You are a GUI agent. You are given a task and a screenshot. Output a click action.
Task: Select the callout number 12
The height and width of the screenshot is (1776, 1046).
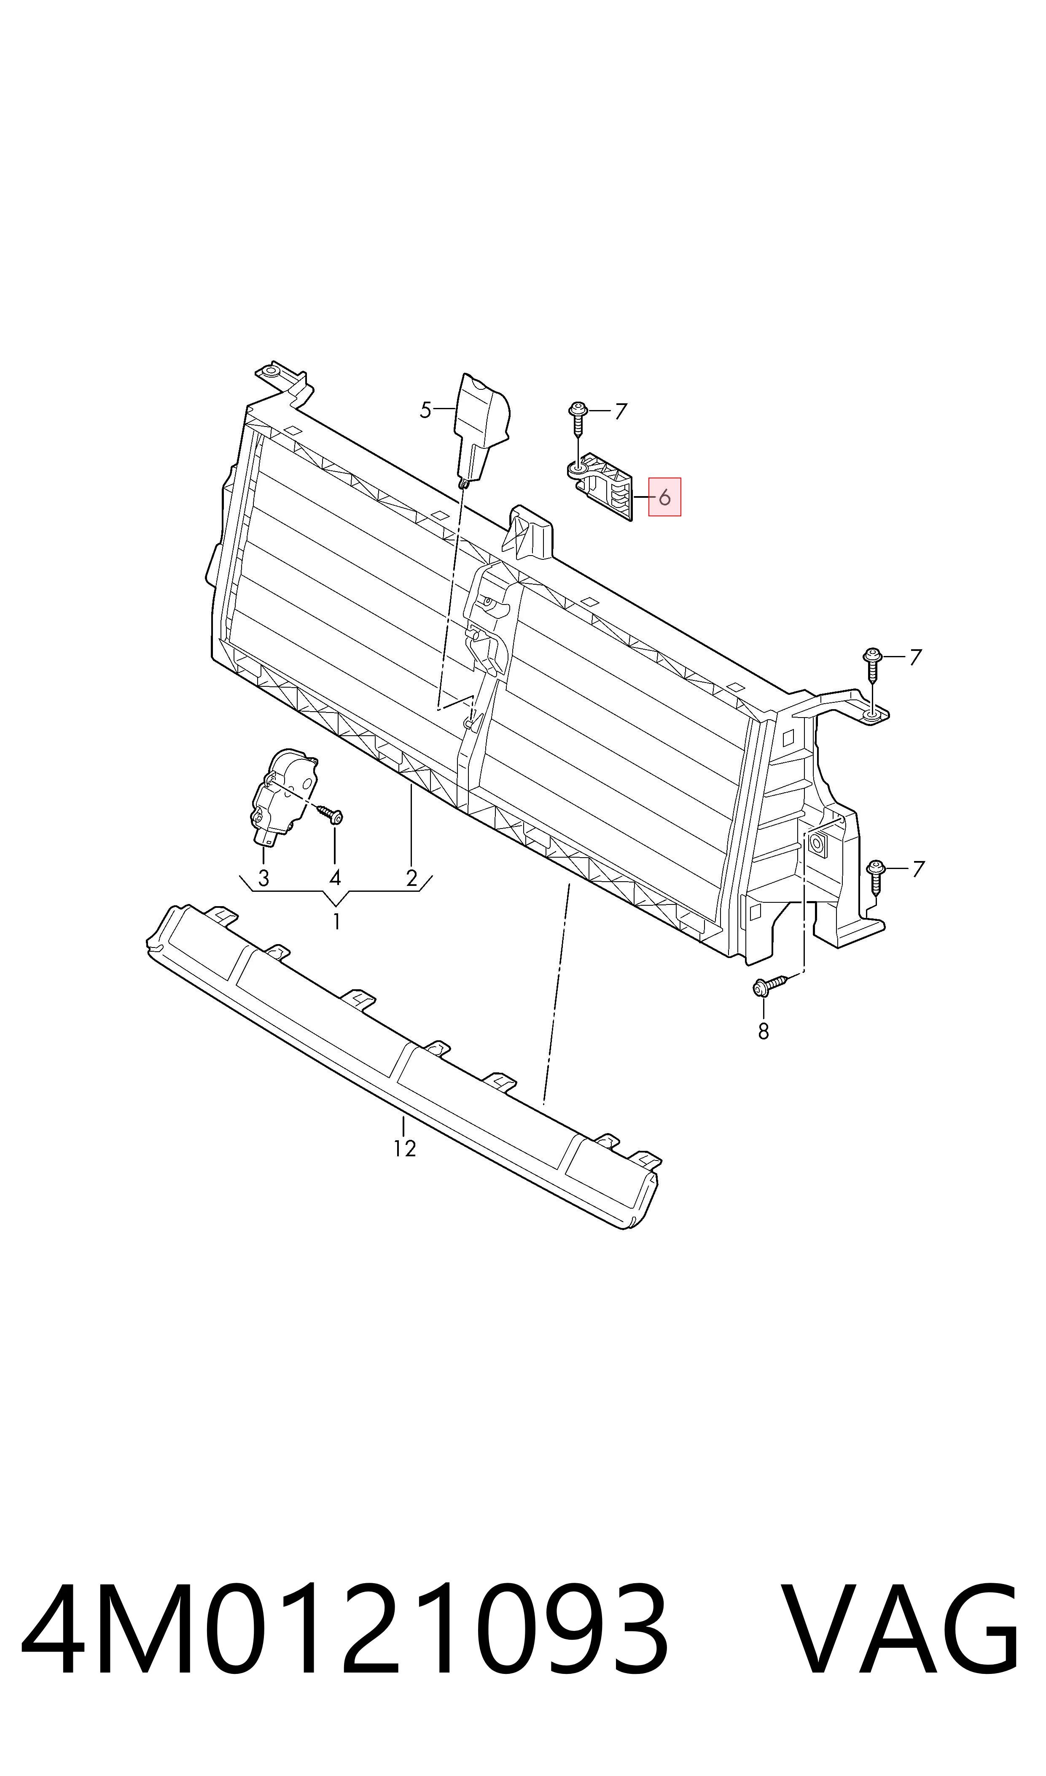point(405,1149)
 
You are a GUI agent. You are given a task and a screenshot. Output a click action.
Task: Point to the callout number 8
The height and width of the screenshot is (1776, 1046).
point(764,1031)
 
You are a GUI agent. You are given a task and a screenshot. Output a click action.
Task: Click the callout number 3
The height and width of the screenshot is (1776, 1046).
point(264,878)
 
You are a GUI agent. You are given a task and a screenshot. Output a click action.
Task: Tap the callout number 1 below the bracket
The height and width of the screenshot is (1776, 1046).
point(337,921)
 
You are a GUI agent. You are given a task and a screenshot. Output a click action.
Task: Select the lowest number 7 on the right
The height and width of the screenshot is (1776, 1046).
point(918,869)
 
